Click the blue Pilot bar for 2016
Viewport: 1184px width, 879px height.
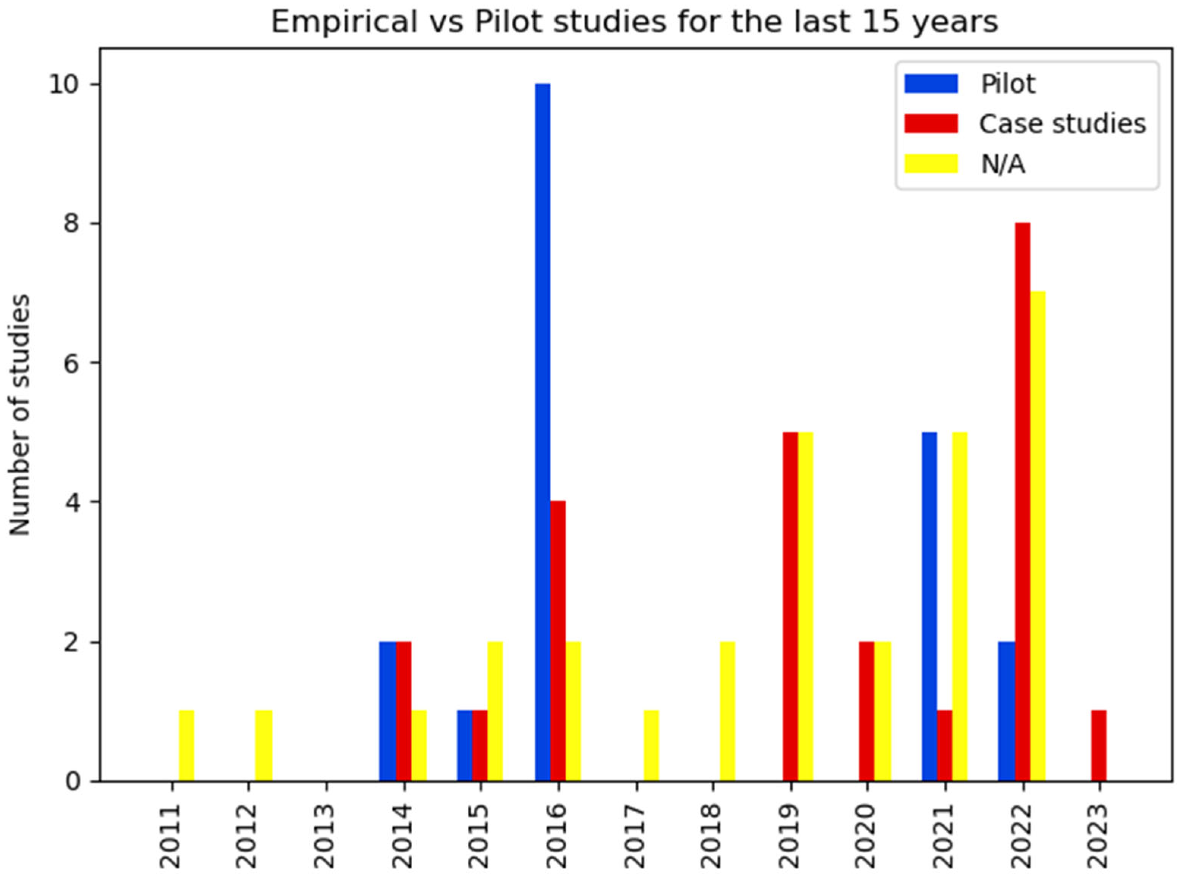(542, 432)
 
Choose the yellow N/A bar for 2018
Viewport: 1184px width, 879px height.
(727, 711)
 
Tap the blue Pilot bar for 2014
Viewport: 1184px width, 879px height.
(388, 711)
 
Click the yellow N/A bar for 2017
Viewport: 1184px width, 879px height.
(651, 745)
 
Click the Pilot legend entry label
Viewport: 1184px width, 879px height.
(1008, 84)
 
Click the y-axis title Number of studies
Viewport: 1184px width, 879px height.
(20, 415)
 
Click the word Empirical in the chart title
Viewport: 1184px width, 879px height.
(344, 22)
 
